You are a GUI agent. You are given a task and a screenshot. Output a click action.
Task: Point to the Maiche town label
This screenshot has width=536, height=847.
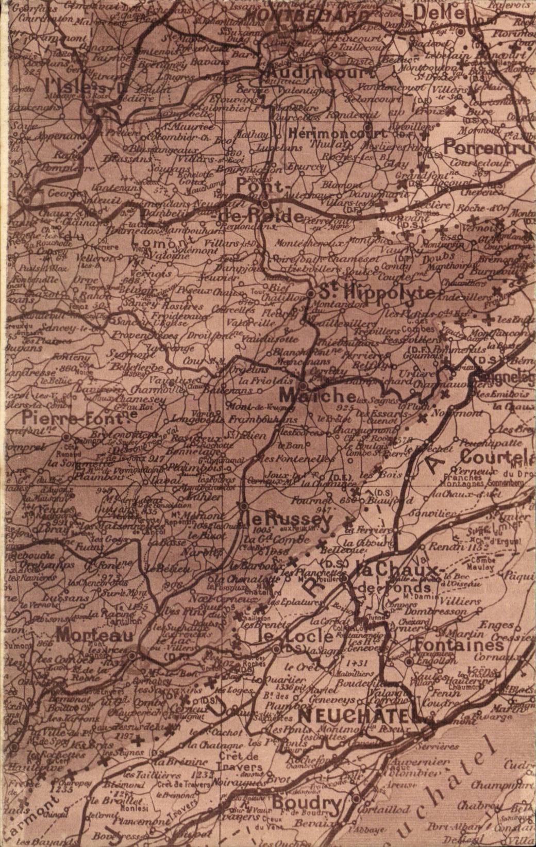[x=317, y=396]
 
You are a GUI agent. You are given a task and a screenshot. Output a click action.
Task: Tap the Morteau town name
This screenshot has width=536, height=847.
[x=90, y=635]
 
